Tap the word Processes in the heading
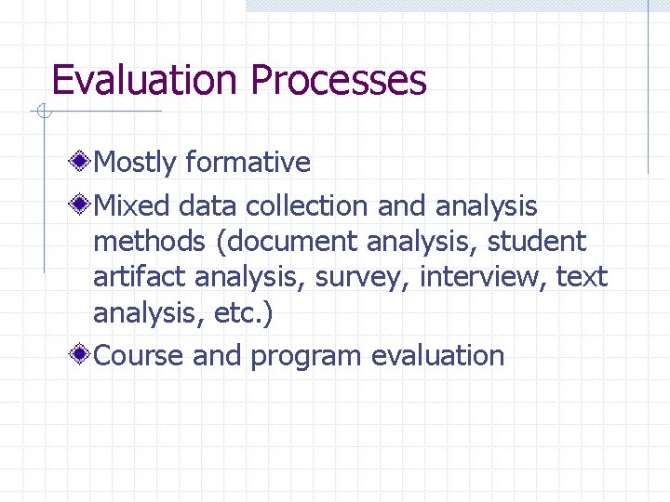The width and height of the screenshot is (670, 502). (339, 80)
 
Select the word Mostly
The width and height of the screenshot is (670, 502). (135, 163)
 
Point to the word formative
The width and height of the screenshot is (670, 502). (248, 163)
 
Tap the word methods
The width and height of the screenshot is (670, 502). (149, 242)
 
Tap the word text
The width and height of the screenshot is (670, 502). (582, 277)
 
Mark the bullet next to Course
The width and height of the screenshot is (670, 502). (83, 355)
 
